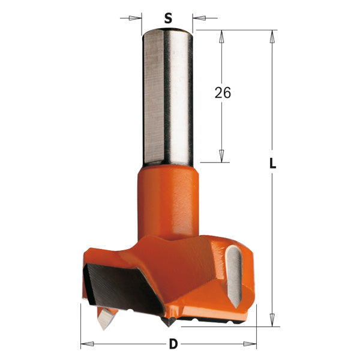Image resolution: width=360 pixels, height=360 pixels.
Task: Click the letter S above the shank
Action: point(168,18)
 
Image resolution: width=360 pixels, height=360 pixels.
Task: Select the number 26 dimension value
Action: point(222,93)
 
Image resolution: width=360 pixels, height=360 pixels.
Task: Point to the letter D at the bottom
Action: point(173,345)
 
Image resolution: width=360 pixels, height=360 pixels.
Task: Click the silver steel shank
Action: point(167,96)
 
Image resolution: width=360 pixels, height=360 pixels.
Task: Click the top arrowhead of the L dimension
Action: point(273,35)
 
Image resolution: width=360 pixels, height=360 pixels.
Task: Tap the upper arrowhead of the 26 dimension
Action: point(221,36)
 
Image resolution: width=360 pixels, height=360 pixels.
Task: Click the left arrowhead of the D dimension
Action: point(86,344)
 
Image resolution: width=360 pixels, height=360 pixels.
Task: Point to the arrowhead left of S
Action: point(137,18)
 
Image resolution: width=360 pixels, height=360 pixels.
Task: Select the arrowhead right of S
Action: point(199,18)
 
